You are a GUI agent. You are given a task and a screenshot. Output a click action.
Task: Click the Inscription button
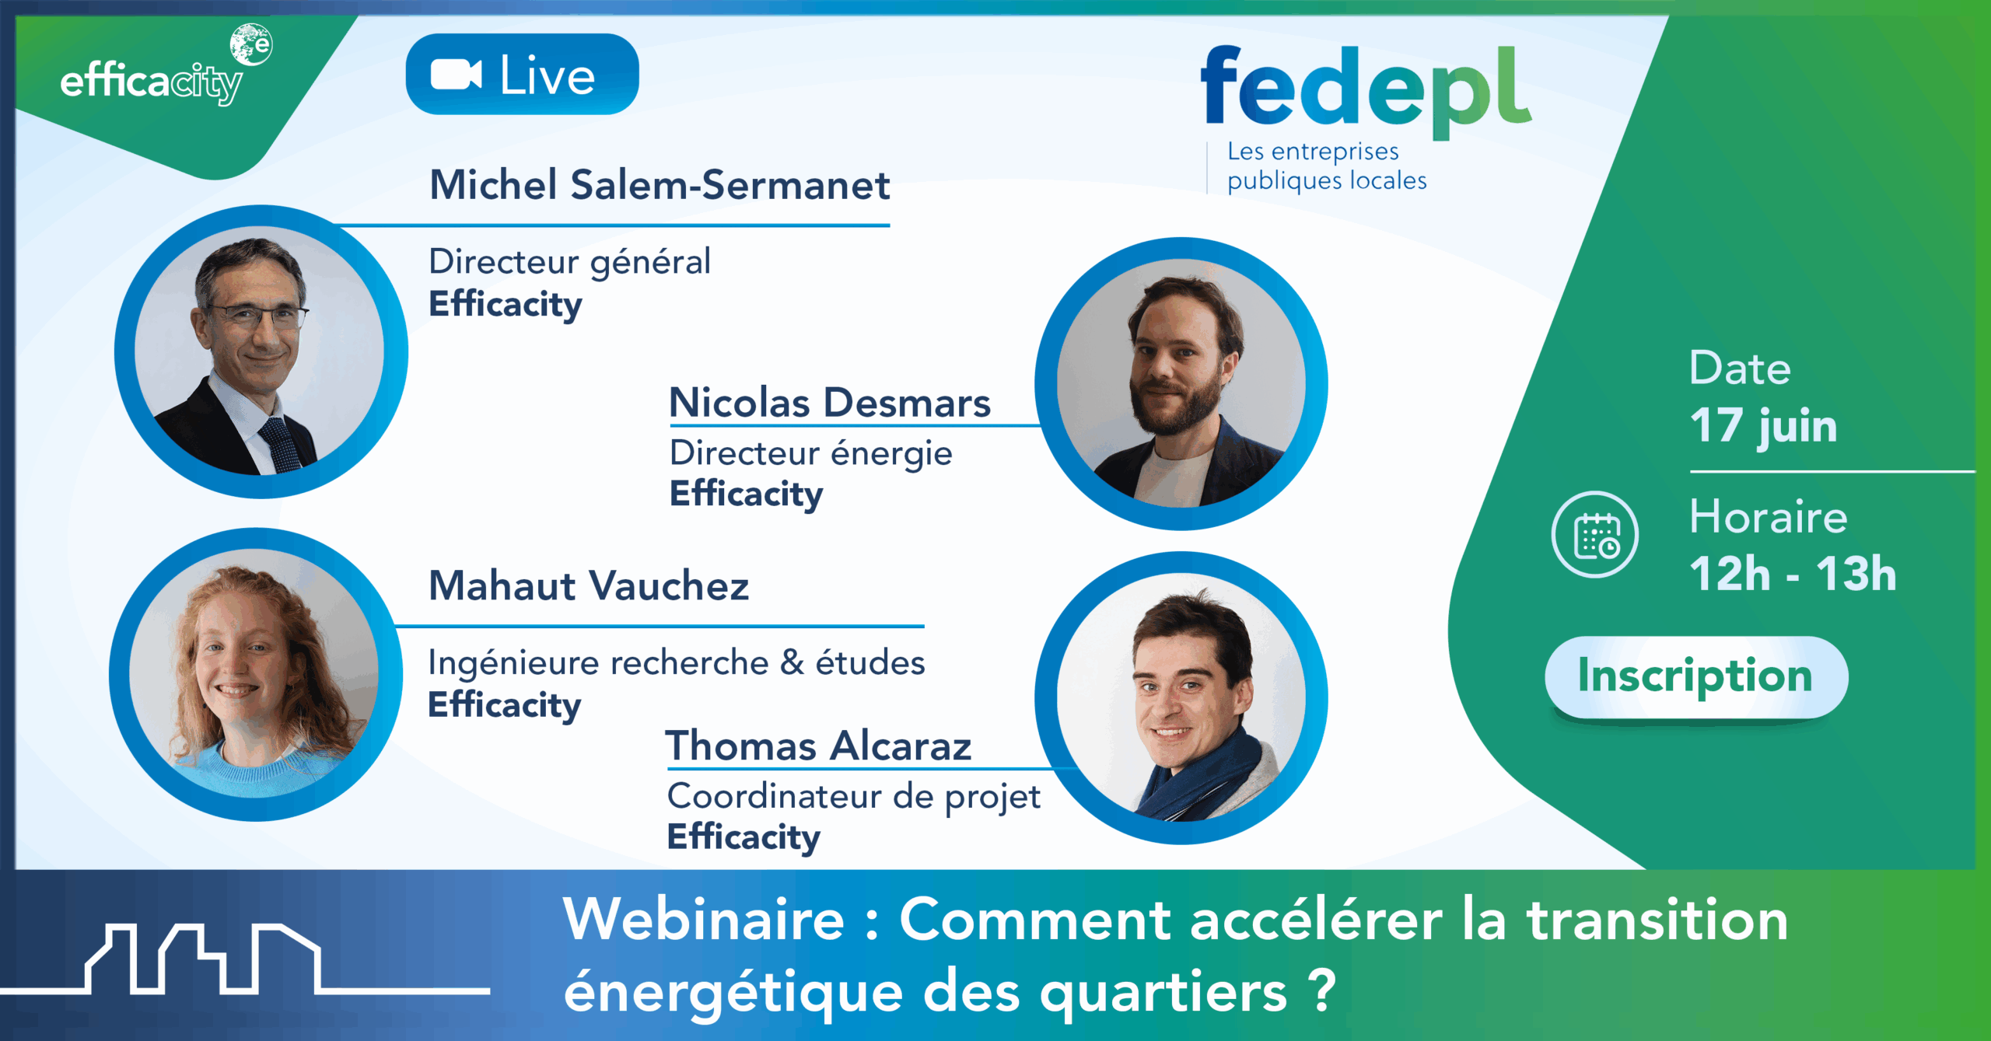[x=1695, y=676]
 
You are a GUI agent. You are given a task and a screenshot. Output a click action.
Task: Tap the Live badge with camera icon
[x=522, y=75]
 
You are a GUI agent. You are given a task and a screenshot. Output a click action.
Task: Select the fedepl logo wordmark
[x=1365, y=89]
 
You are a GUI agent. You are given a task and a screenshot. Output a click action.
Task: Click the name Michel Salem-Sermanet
[x=660, y=186]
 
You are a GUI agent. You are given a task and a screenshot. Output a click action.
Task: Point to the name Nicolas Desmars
[x=830, y=403]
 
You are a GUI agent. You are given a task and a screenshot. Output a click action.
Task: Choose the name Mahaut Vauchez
[x=589, y=586]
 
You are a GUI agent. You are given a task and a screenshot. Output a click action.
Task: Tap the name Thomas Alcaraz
[x=818, y=746]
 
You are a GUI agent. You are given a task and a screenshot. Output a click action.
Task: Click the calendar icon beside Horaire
[x=1595, y=535]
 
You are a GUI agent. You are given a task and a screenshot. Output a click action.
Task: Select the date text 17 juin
[x=1763, y=426]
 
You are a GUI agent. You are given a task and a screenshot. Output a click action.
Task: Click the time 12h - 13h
[x=1793, y=574]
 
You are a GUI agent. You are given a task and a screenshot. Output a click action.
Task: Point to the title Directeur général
[x=569, y=262]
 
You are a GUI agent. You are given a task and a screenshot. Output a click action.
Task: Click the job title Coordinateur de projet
[x=853, y=797]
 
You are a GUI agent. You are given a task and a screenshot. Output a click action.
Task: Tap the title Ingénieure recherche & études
[x=677, y=663]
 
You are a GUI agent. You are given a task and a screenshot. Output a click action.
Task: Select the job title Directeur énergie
[x=810, y=453]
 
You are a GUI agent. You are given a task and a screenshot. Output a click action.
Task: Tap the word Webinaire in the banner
[x=704, y=920]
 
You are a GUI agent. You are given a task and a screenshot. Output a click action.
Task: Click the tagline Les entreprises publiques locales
[x=1326, y=166]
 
